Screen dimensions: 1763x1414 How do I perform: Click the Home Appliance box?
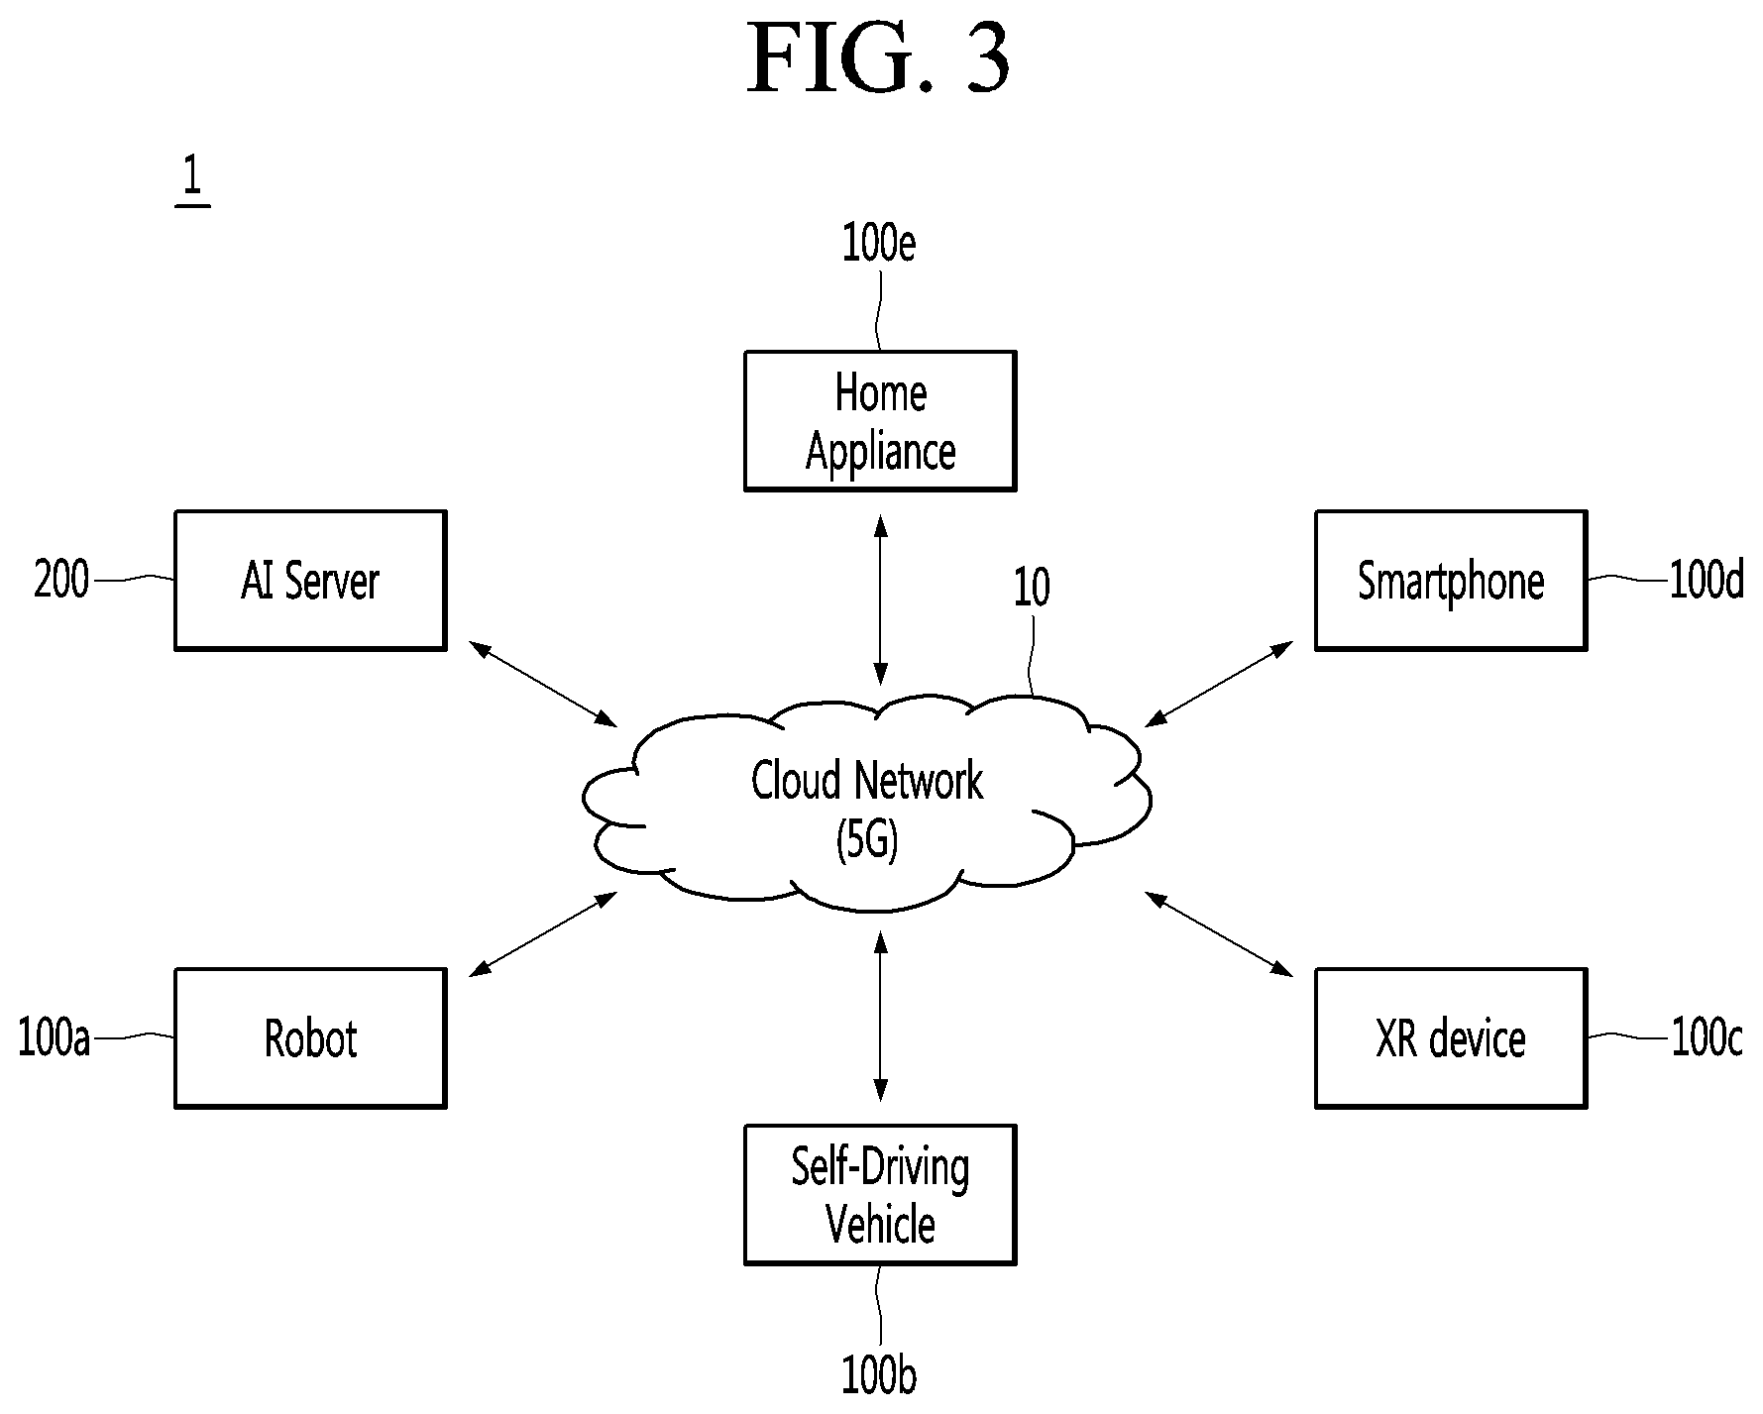[880, 421]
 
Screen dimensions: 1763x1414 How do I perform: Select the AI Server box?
[310, 581]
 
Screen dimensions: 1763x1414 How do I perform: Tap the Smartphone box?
[1451, 581]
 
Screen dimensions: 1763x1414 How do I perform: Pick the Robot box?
[310, 1038]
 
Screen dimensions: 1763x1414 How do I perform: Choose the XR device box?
[1451, 1038]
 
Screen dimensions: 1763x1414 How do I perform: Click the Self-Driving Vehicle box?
[880, 1195]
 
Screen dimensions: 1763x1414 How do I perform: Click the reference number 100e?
[879, 244]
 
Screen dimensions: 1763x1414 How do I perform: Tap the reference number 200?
[61, 580]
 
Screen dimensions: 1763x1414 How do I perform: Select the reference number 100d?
[1707, 581]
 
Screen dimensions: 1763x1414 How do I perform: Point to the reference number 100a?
[55, 1038]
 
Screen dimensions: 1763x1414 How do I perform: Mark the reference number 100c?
[1707, 1038]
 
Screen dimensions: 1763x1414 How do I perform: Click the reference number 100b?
[879, 1376]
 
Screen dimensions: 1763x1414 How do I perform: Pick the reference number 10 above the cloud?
[1032, 589]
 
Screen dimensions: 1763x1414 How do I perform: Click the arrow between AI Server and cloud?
[542, 684]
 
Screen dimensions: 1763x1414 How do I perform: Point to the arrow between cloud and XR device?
[1219, 934]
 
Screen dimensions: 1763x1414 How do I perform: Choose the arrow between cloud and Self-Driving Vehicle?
[880, 1016]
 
